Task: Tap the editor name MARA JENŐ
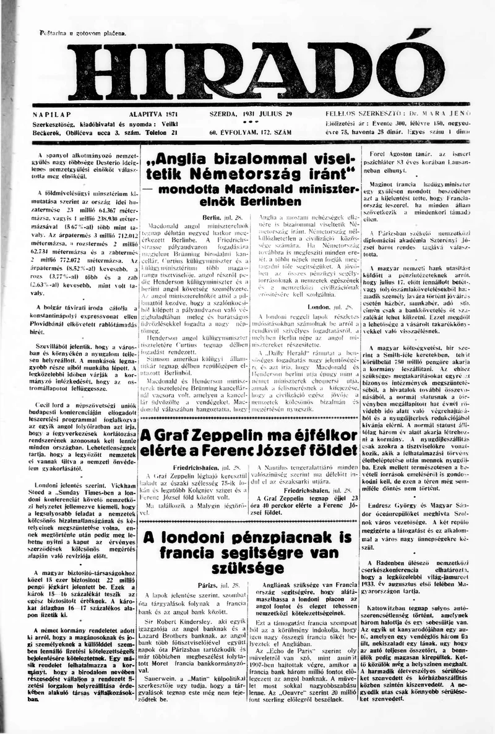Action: [x=446, y=115]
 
